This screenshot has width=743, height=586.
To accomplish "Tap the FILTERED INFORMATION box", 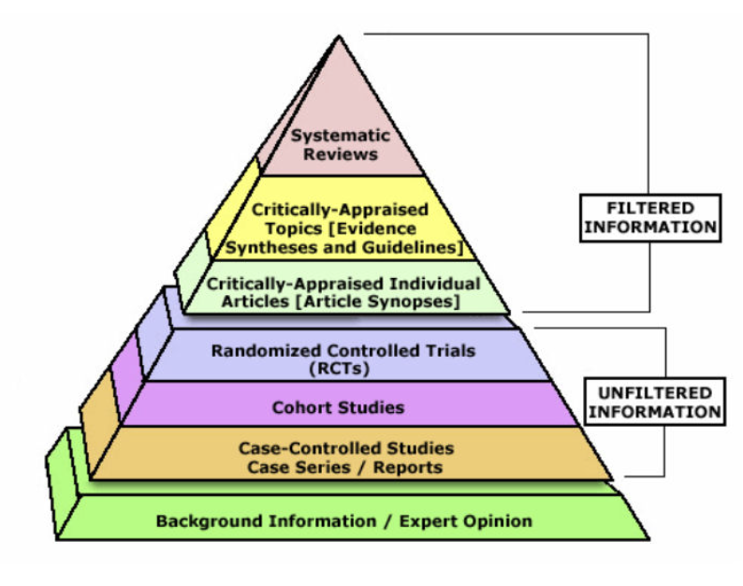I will [648, 217].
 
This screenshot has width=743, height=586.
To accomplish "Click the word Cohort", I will [298, 407].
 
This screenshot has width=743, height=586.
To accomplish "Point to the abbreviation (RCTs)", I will [342, 368].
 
